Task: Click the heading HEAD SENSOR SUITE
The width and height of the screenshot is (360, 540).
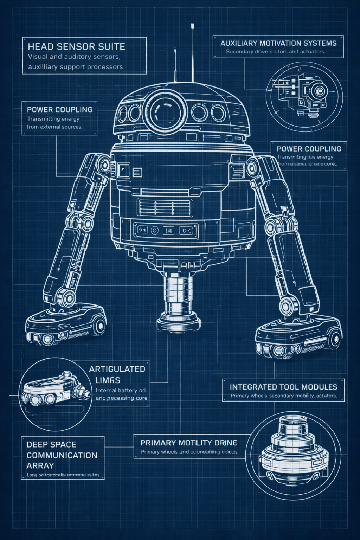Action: coord(76,47)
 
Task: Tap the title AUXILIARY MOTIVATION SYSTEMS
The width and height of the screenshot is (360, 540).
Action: coord(278,43)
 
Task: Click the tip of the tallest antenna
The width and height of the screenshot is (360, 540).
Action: coord(192,25)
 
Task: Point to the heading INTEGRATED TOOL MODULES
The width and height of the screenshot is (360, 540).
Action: coord(283,387)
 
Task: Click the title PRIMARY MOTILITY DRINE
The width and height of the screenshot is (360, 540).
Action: coord(189,443)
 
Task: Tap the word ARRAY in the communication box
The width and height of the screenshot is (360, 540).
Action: coord(40,465)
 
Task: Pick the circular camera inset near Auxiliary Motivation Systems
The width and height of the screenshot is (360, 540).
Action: coord(304,94)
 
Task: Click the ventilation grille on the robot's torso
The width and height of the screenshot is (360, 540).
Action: coord(165,207)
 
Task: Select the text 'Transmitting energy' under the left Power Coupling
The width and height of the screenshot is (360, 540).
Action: coord(53,119)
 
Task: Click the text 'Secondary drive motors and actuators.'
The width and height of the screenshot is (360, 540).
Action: coord(276,52)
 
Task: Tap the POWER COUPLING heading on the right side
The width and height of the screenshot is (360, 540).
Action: coord(309,149)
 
